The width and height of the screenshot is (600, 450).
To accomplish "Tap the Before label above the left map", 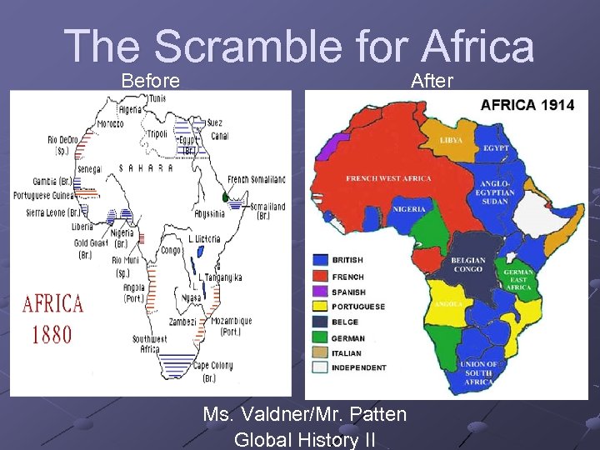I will (x=151, y=81).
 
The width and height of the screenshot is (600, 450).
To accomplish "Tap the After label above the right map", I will (x=432, y=81).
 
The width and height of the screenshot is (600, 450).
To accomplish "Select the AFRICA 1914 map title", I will (x=527, y=105).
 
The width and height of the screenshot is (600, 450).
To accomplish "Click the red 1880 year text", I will (x=52, y=334).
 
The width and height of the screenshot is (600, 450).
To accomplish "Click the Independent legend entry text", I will (x=359, y=367).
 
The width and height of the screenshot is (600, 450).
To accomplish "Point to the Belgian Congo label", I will (x=467, y=264).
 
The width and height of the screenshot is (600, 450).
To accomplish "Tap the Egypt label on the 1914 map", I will (x=495, y=148).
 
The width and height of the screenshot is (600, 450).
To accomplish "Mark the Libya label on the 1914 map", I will (x=452, y=140).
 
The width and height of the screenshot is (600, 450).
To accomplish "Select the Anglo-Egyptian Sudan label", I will (x=497, y=192).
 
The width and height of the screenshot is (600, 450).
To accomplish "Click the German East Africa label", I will (x=518, y=280).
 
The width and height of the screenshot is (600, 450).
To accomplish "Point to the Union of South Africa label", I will (x=479, y=372).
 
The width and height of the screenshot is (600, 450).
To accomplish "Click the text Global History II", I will (x=305, y=438).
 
